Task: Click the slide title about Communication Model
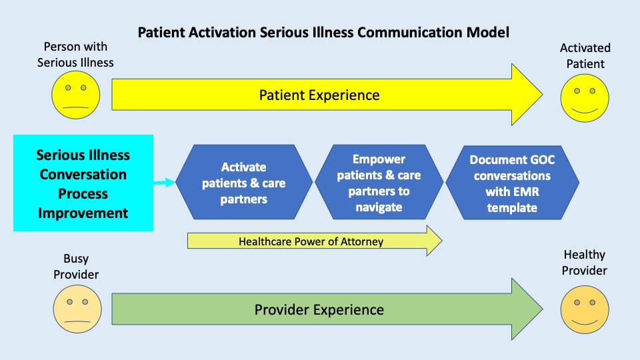(323, 32)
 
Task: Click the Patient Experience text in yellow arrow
(319, 95)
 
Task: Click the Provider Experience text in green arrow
(319, 309)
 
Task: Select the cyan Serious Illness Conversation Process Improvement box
(83, 183)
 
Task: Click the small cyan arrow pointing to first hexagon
(164, 182)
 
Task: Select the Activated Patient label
(585, 56)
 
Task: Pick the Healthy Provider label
(585, 262)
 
